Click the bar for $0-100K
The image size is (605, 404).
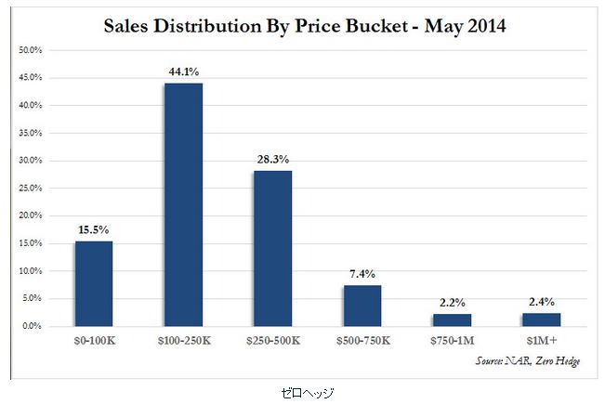93,283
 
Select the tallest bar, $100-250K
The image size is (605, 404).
183,204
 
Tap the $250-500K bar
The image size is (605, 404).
272,248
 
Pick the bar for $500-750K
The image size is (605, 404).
362,306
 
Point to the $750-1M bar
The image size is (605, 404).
453,319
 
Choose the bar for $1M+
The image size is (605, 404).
542,319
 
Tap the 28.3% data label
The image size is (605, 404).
272,159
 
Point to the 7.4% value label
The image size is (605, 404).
362,274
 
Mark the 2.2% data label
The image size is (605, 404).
453,303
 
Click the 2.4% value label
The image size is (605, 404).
542,302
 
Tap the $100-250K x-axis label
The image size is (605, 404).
183,342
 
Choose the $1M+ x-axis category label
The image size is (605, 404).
542,342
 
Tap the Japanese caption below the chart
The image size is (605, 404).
307,393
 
